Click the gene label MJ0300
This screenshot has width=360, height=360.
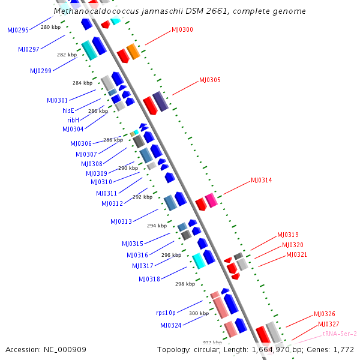coord(182,29)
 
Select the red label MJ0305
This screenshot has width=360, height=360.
coord(210,80)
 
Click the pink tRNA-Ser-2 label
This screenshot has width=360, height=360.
coord(340,334)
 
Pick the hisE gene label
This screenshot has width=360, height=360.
coord(68,110)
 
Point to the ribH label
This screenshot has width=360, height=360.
coord(73,120)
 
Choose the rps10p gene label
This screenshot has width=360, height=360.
coord(166,313)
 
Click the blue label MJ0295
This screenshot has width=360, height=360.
coord(18,30)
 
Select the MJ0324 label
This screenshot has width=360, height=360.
coord(170,325)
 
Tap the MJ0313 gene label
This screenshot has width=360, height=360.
coord(121,221)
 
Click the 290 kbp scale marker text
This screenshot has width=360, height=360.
coord(128,168)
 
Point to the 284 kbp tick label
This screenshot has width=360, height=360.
coord(82,83)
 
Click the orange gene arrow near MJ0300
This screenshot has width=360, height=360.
coord(133,52)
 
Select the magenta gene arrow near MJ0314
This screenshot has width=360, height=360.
coord(211,200)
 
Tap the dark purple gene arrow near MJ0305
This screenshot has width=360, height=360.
coord(160,102)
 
